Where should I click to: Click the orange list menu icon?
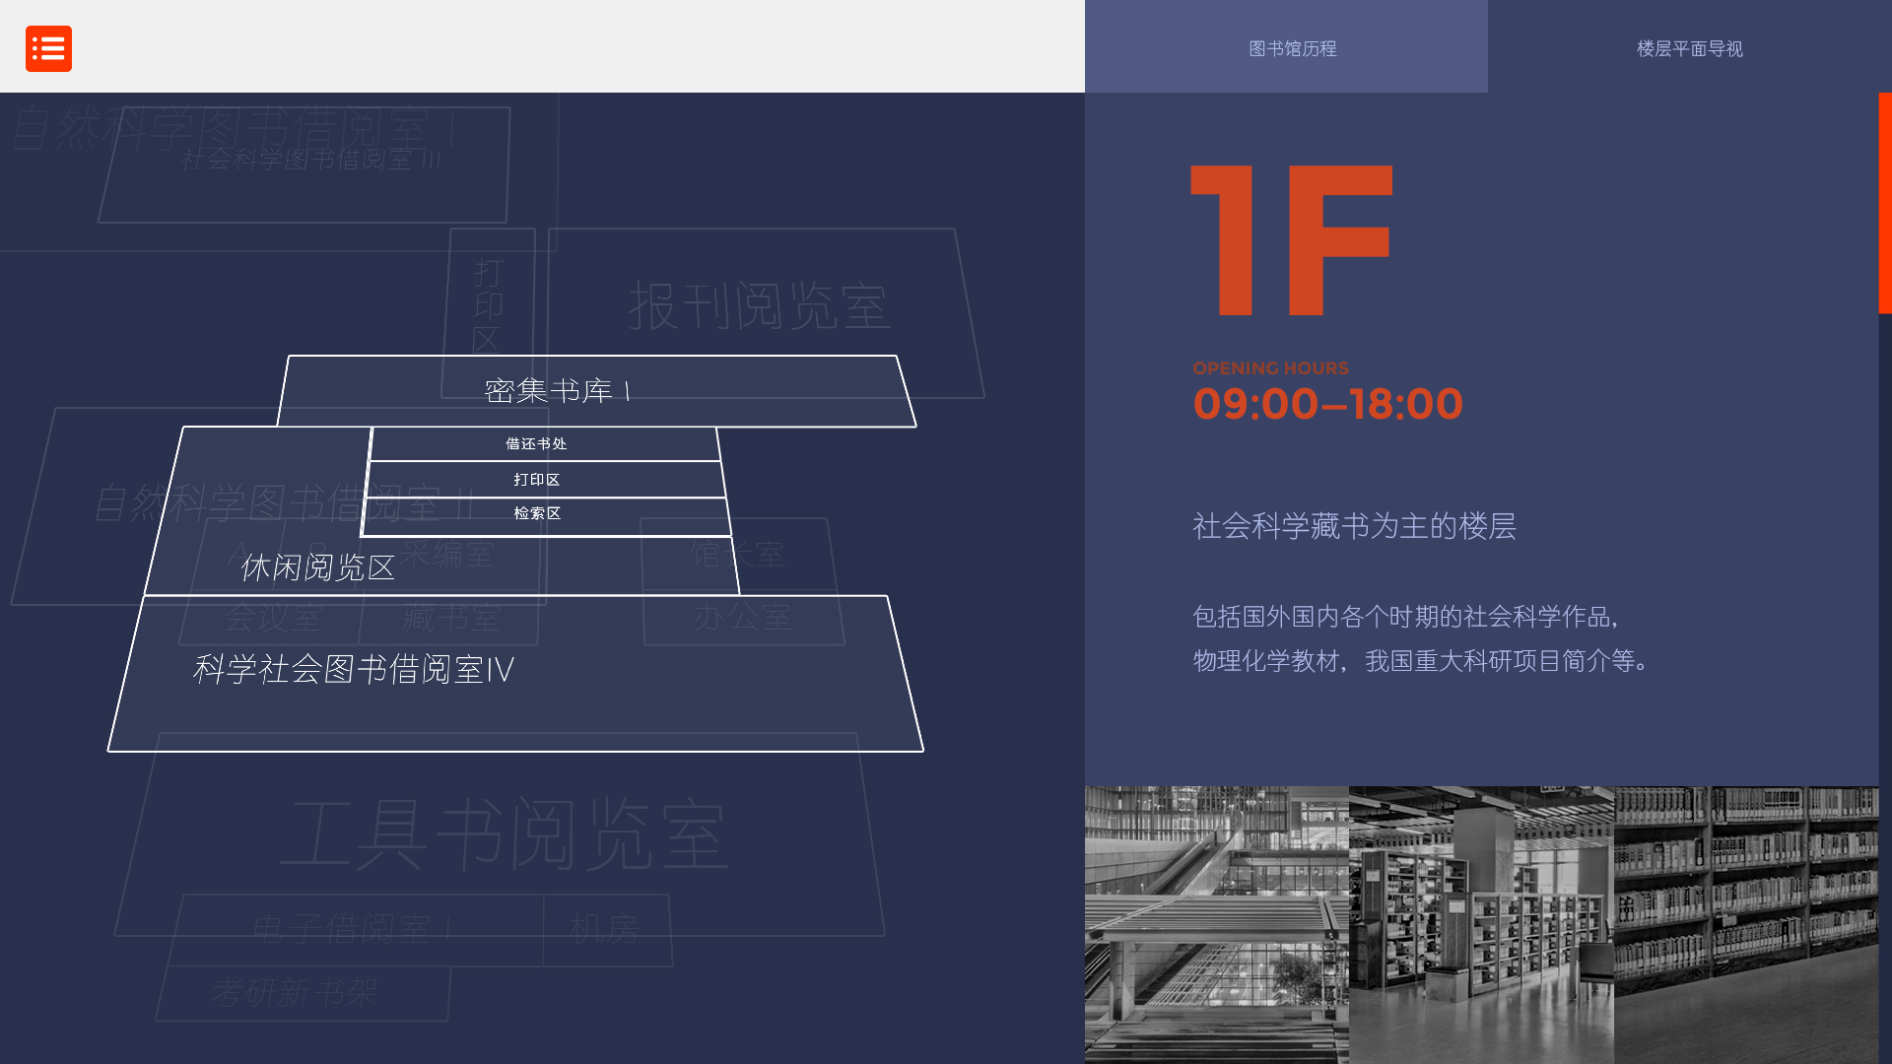pos(48,48)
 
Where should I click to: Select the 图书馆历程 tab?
pos(1292,48)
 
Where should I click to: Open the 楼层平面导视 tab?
pos(1689,48)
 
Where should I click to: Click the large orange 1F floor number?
pos(1291,240)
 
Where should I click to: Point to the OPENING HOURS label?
pos(1270,368)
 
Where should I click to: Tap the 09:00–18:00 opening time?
pos(1327,404)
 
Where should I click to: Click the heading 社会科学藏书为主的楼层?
pos(1354,526)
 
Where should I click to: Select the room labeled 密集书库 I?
pos(558,391)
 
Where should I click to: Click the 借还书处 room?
pos(536,444)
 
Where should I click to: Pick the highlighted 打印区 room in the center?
pos(536,480)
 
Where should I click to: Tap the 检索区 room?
pos(537,513)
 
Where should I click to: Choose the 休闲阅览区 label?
pos(317,567)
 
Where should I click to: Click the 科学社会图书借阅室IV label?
pos(353,670)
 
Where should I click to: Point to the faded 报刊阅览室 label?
pos(759,305)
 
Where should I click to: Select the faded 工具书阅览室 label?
pos(504,835)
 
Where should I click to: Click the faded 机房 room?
pos(605,929)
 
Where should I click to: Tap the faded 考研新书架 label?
pos(294,992)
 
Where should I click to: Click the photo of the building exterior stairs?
pos(1216,924)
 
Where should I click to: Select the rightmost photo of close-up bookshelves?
pos(1745,924)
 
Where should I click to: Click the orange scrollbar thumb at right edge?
pos(1884,203)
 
